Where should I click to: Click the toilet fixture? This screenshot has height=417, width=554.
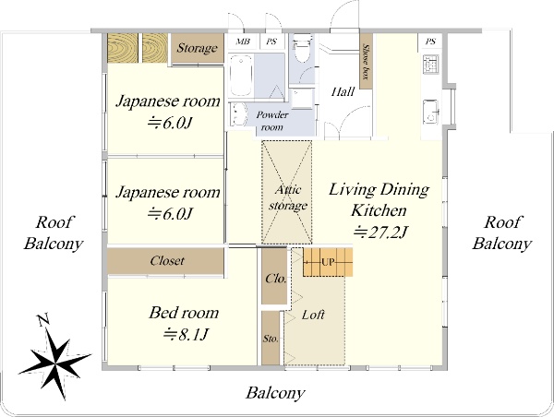301,47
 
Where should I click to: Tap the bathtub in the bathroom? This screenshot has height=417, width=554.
241,76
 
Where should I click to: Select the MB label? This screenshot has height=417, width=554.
243,42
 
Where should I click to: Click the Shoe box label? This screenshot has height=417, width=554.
367,62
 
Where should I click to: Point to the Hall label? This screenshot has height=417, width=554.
343,92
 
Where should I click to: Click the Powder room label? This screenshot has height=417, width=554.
272,121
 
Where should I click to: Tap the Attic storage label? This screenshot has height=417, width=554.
287,197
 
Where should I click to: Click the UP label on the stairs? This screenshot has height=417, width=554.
328,262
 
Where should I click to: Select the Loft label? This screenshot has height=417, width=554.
313,315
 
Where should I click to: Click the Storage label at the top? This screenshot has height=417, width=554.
197,48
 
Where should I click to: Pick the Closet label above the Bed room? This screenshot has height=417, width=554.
167,261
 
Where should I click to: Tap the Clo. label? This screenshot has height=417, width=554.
275,279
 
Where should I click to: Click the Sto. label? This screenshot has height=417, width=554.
271,339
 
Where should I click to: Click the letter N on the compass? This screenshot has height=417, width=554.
43,319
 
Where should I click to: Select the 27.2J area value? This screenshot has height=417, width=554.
380,232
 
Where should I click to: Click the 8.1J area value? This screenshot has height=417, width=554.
185,334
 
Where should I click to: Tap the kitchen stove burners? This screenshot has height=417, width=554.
430,65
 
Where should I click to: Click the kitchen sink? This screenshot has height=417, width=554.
431,111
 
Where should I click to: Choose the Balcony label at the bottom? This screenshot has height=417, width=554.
275,393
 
